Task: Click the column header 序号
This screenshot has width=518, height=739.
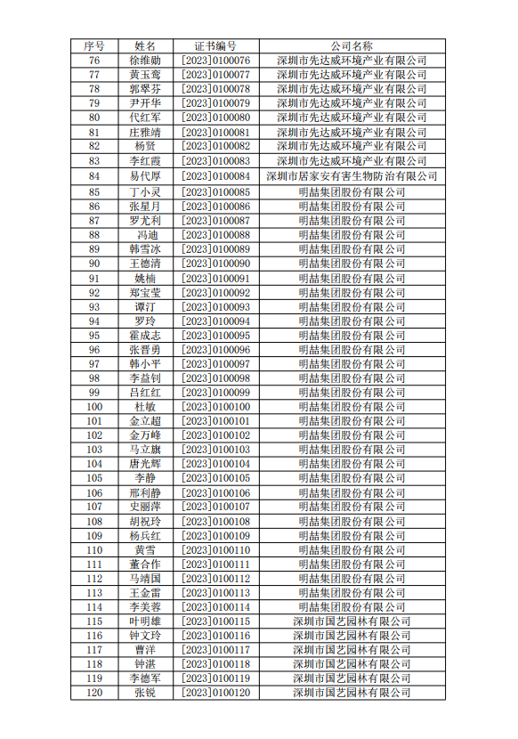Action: (x=94, y=45)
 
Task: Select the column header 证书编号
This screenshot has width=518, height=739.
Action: (x=215, y=45)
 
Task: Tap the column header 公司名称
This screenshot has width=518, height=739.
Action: (x=352, y=45)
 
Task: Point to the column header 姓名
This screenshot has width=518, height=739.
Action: (x=145, y=45)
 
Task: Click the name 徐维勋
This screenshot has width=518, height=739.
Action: (x=145, y=61)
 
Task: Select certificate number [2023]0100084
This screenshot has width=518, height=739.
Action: (x=215, y=176)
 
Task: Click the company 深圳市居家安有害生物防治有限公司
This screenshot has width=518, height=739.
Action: (x=352, y=176)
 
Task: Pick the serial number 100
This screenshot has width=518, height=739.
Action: (x=94, y=407)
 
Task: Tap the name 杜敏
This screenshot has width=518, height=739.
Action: (x=145, y=407)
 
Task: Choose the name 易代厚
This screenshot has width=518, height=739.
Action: (x=145, y=176)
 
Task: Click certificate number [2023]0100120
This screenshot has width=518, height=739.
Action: (x=215, y=693)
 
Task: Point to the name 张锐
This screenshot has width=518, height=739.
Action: (x=145, y=693)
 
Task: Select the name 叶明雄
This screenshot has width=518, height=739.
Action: (x=145, y=621)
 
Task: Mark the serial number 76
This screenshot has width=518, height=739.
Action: (x=94, y=61)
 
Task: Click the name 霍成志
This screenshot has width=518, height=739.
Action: (x=145, y=336)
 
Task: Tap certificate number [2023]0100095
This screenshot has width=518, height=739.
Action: (x=215, y=336)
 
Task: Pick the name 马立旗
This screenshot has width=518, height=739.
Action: (x=145, y=450)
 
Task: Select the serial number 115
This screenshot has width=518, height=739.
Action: (x=94, y=621)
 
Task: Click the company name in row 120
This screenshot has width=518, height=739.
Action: (x=352, y=693)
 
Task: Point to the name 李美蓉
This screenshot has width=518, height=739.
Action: (x=145, y=607)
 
